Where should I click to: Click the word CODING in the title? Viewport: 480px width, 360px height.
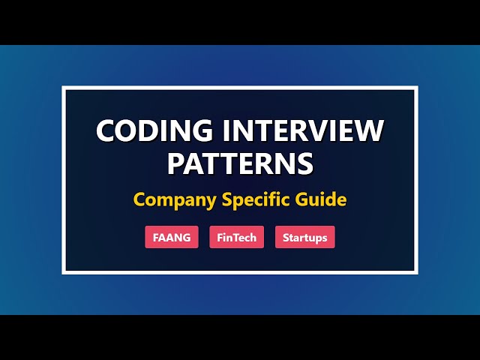coord(147,131)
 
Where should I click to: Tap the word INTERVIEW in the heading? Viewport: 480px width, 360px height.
coord(294,131)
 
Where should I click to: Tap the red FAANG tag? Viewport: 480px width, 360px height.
coord(172,238)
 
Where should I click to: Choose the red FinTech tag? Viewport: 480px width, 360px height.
coord(236,238)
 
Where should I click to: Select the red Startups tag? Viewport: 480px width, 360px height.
coord(304,238)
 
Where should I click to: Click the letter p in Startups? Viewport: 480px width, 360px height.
coord(318,239)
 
